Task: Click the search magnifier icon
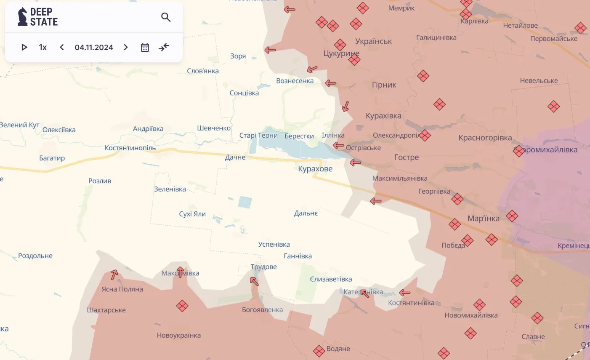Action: coord(166,17)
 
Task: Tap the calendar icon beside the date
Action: coord(145,47)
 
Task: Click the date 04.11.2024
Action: coord(94,48)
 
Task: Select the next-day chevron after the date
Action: coord(126,47)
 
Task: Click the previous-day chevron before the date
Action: coord(62,47)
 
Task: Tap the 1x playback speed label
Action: coord(43,48)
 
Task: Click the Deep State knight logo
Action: coord(22,17)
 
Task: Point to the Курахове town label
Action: coord(315,169)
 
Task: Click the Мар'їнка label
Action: coord(484,219)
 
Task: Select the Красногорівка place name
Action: coord(485,138)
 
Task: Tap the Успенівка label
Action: coord(274,244)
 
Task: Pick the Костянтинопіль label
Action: coord(130,148)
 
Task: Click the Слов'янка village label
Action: coord(203,71)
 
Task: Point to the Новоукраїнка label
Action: coord(179,336)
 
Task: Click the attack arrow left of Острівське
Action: coord(338,146)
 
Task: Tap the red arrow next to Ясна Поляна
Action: coord(114,275)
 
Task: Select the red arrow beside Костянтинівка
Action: coord(405,293)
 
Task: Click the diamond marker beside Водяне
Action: coord(319,350)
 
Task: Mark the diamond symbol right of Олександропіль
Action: coord(425,136)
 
